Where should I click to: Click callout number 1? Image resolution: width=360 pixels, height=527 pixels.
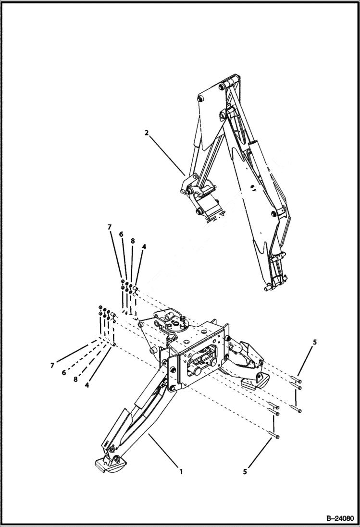pyautogui.click(x=181, y=471)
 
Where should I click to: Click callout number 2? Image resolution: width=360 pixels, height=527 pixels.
pyautogui.click(x=147, y=133)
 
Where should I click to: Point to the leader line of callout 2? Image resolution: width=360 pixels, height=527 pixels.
pyautogui.click(x=166, y=153)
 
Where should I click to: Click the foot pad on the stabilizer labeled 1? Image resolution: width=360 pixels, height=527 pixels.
pyautogui.click(x=110, y=465)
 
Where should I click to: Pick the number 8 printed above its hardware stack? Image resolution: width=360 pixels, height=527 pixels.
pyautogui.click(x=132, y=240)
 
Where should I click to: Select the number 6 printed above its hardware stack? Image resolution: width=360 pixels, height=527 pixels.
pyautogui.click(x=121, y=234)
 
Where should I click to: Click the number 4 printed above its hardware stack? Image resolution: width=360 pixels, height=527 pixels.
pyautogui.click(x=144, y=246)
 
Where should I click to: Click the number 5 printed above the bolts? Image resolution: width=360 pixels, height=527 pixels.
pyautogui.click(x=315, y=342)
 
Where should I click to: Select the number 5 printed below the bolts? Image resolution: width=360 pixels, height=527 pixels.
pyautogui.click(x=245, y=472)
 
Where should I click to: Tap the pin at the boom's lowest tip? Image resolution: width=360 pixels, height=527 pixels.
pyautogui.click(x=268, y=288)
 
